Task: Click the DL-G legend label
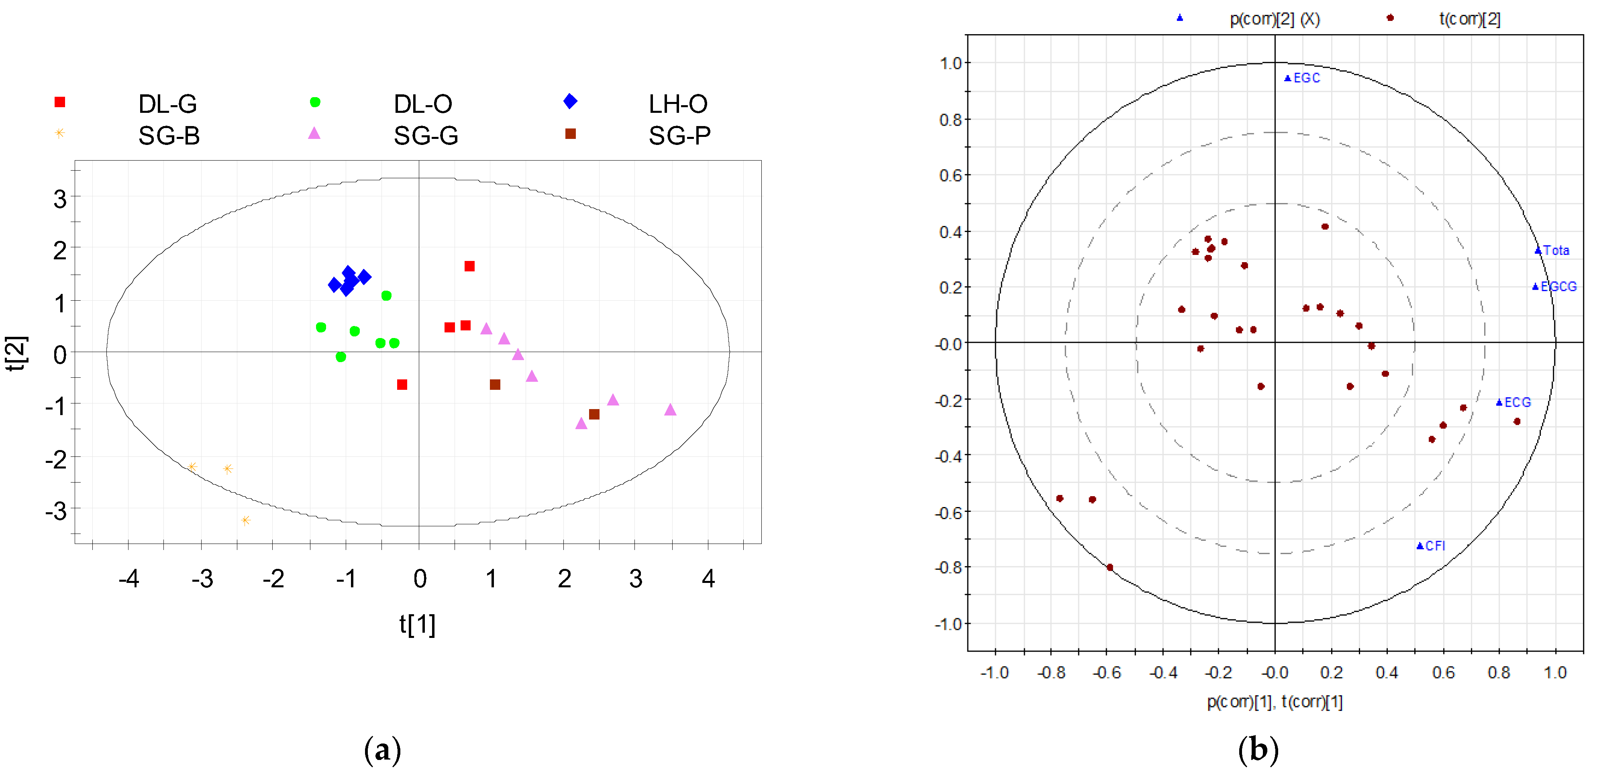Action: (167, 104)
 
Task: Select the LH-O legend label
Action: (678, 104)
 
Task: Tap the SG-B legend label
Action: (169, 135)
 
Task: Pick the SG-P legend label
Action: (680, 135)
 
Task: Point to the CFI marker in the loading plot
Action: (1420, 546)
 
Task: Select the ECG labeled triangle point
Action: (1499, 403)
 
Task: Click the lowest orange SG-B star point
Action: (246, 520)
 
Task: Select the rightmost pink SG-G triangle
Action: (670, 409)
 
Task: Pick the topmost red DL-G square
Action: (469, 266)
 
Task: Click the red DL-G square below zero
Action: (402, 385)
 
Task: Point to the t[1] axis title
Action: (417, 624)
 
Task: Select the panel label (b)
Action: (1258, 750)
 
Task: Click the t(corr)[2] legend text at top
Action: (1469, 19)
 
